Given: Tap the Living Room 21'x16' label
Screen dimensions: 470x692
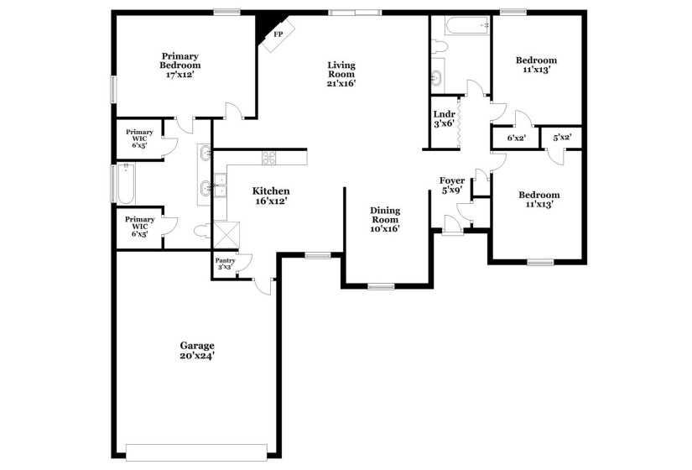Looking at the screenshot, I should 341,74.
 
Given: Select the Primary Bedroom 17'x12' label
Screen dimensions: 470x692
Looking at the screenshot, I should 181,65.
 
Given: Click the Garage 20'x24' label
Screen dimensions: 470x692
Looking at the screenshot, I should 197,351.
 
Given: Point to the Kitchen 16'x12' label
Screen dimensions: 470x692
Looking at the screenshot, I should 272,196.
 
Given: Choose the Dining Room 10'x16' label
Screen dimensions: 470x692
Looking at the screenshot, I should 386,219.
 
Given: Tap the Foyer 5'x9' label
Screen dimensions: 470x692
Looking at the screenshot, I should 452,185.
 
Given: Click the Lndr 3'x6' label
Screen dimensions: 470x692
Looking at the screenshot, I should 444,118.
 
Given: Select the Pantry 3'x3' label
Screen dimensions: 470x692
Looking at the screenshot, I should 225,264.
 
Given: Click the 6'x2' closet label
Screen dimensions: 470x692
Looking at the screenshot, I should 516,138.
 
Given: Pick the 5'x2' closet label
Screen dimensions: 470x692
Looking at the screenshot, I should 561,138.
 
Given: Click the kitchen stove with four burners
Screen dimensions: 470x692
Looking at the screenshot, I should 269,156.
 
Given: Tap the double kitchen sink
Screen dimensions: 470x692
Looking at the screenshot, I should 219,185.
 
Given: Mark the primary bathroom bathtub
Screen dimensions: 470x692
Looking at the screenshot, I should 123,185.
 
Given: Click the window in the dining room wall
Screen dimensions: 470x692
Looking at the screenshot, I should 381,287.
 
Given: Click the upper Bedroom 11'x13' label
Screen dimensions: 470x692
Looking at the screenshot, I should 536,65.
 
